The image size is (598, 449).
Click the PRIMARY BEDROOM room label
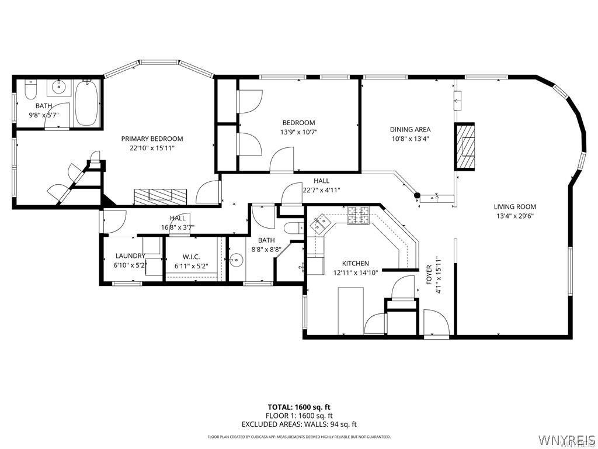coord(152,139)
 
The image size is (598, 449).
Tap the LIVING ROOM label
coord(514,206)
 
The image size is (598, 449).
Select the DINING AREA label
coord(410,129)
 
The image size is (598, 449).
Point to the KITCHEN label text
coord(355,264)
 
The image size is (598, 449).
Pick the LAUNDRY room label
coord(130,255)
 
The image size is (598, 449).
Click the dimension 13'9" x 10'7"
coord(298,132)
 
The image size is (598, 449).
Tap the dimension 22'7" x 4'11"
coord(321,190)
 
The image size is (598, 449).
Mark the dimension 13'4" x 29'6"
coord(514,215)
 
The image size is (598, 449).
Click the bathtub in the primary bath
coord(87,103)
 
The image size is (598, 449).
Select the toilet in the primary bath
coord(31,89)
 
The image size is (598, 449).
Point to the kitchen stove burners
coord(359,216)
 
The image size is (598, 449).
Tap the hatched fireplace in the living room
coord(465,146)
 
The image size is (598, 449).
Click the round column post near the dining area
coord(417,195)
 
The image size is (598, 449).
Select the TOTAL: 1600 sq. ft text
coord(298,407)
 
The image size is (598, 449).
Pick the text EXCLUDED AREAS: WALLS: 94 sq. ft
coord(298,424)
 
